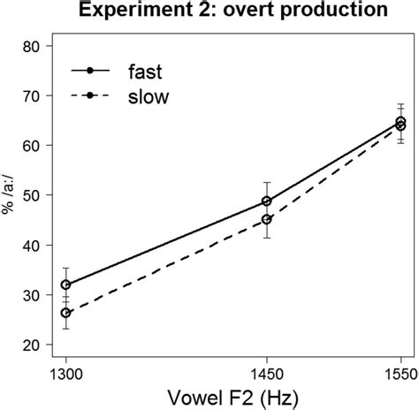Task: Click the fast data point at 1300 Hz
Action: (x=66, y=285)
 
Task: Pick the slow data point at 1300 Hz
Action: (x=66, y=313)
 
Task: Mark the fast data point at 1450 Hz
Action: (x=291, y=201)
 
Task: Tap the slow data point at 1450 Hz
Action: (x=291, y=219)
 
